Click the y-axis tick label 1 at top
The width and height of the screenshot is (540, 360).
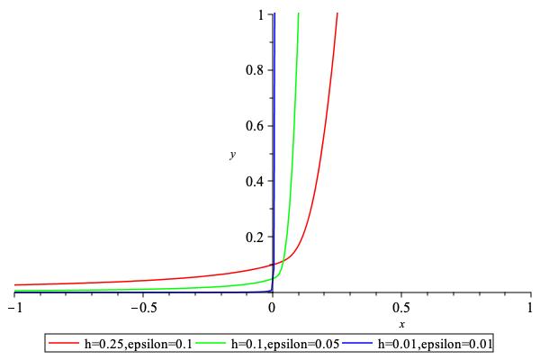260,14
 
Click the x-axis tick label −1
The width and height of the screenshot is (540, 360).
13,307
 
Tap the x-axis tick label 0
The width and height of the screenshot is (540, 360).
272,307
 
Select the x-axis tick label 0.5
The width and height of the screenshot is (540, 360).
401,307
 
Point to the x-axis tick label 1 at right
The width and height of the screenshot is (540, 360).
530,307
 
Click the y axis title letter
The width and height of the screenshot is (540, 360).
232,156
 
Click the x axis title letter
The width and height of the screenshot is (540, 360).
401,324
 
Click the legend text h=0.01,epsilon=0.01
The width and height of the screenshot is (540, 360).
435,343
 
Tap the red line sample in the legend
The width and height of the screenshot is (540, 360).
65,343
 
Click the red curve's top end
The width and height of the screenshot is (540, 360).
337,13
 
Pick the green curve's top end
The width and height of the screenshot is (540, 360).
298,13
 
